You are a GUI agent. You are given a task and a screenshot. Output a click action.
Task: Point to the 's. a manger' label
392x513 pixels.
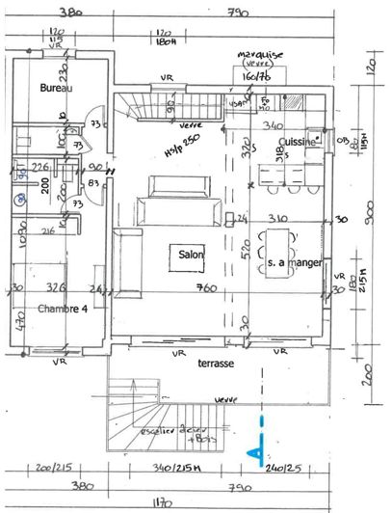pos(293,261)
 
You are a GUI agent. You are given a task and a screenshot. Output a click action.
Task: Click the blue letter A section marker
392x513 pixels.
pos(255,450)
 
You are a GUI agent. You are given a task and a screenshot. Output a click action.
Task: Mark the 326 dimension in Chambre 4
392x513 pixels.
pos(57,287)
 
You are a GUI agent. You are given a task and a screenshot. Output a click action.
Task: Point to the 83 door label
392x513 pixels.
pos(95,182)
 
